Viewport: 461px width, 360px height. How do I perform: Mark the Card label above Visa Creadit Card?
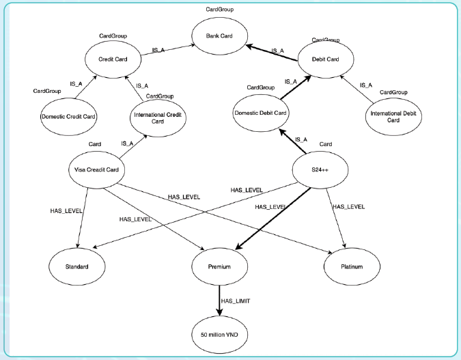coord(95,144)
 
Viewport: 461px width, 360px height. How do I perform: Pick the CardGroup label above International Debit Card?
coord(393,92)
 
